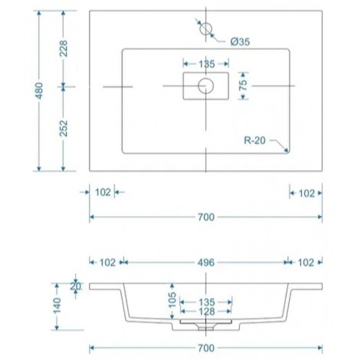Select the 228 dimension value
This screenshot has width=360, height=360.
click(63, 49)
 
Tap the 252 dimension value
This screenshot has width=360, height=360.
click(63, 129)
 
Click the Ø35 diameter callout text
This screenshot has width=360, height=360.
click(240, 42)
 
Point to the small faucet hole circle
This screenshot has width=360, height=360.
click(206, 28)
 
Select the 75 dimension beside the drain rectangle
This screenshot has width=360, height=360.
click(243, 85)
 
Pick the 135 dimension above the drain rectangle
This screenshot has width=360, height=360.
click(206, 64)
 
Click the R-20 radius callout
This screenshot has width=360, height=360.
click(255, 141)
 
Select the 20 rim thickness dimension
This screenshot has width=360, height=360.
click(75, 286)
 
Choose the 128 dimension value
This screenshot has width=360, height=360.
click(206, 311)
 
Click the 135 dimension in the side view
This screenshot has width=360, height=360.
click(206, 302)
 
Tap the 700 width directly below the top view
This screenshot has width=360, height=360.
click(206, 217)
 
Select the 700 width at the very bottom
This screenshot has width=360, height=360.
click(206, 348)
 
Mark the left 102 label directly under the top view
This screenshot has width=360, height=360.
click(103, 193)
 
